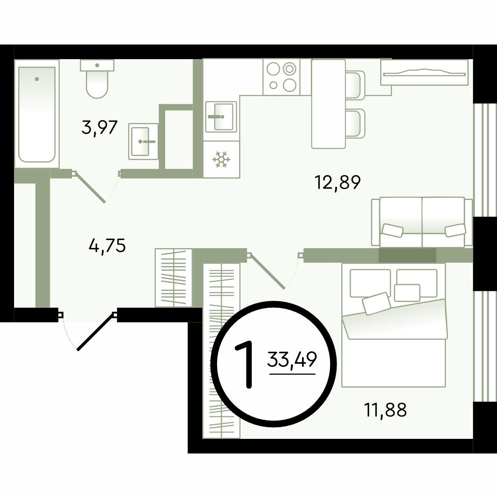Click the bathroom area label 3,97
[x=100, y=127]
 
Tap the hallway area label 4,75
[x=107, y=245]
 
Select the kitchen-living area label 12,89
[x=337, y=182]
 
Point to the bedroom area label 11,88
[x=385, y=410]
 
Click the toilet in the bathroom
[x=97, y=79]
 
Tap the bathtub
[x=37, y=114]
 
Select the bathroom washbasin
[x=143, y=141]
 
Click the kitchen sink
[x=221, y=117]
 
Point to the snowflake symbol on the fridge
[x=221, y=159]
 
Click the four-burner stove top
[x=281, y=77]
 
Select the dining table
[x=328, y=104]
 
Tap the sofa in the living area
[x=422, y=222]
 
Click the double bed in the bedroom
[x=393, y=326]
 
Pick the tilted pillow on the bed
[x=376, y=303]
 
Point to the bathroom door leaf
[x=89, y=187]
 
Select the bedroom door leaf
[x=266, y=271]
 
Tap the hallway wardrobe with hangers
[x=174, y=278]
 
